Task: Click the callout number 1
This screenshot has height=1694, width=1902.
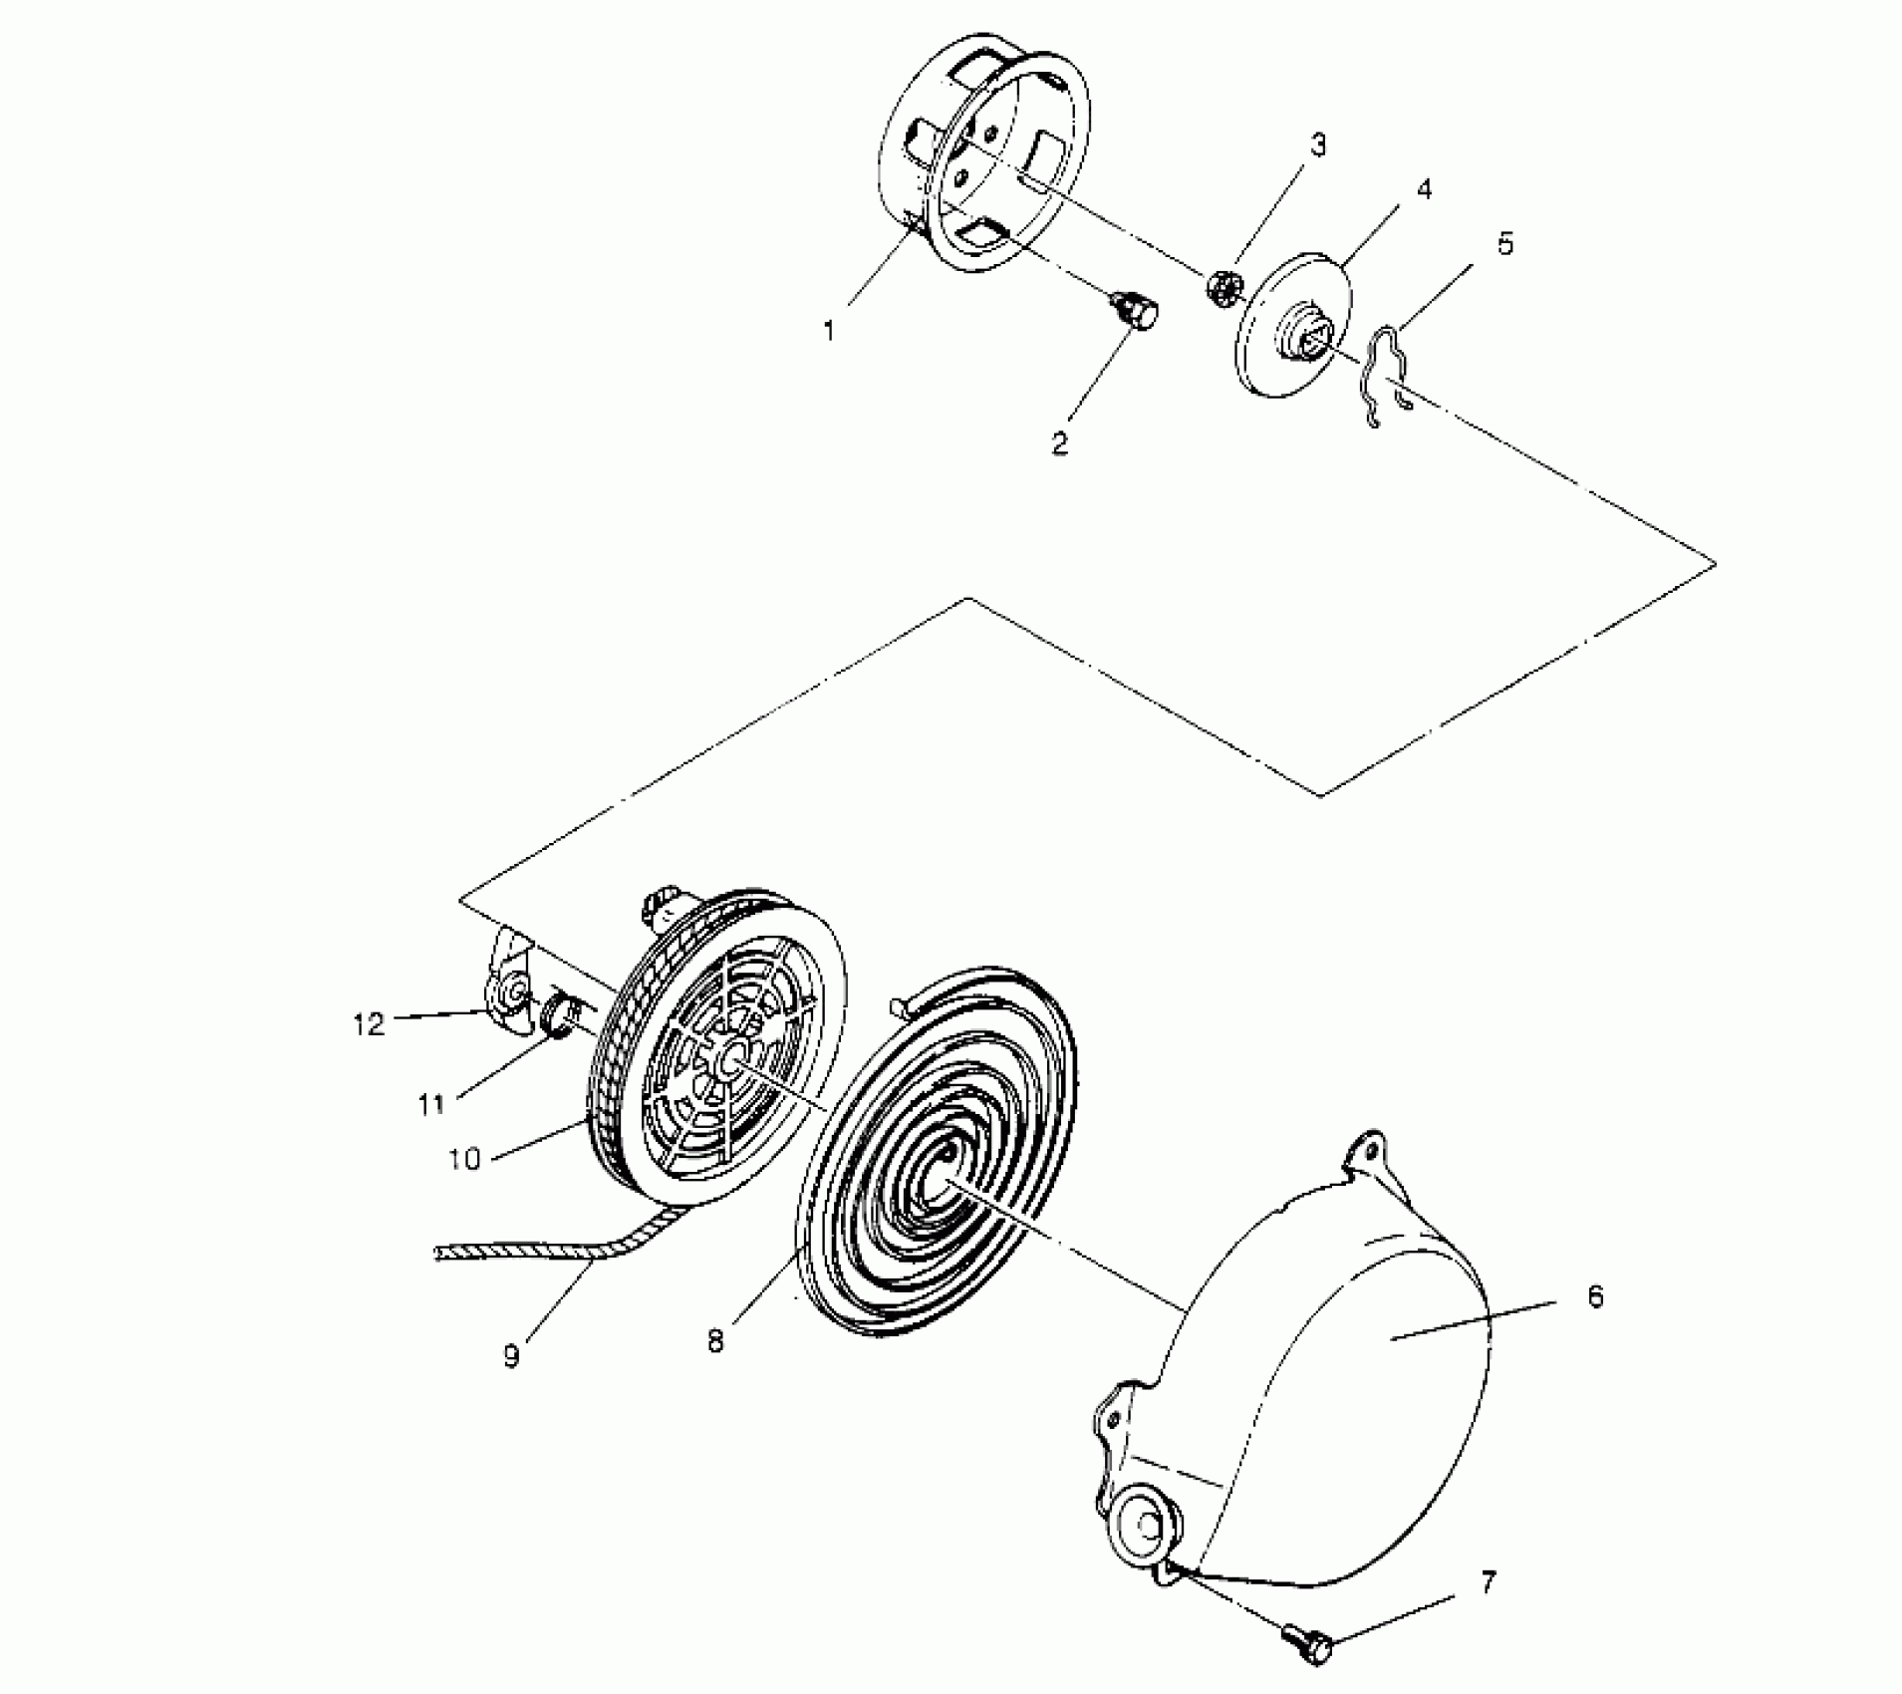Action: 829,331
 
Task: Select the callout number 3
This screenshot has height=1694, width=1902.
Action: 1317,145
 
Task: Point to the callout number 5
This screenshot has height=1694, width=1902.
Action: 1504,243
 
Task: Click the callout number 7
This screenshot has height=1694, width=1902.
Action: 1488,1582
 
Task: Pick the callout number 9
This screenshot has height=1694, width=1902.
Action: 511,1357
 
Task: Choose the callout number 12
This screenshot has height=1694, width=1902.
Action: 368,1023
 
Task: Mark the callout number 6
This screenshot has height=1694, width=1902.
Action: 1595,1297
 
